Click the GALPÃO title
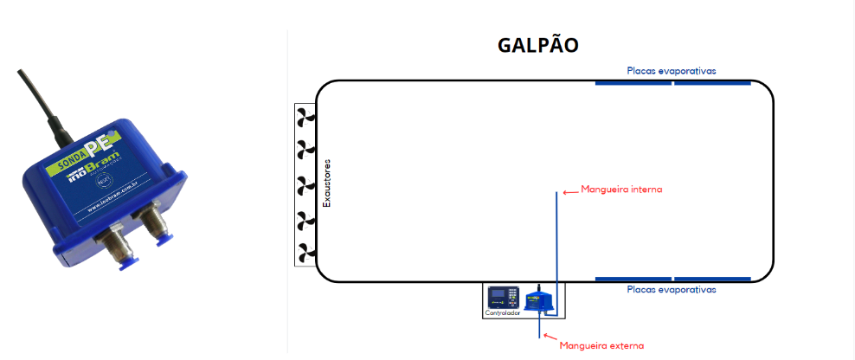537,45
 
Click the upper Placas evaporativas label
672,70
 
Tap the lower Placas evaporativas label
672,290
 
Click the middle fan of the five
305,183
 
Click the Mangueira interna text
621,189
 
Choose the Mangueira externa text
601,346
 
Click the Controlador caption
503,313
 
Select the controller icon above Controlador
503,297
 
